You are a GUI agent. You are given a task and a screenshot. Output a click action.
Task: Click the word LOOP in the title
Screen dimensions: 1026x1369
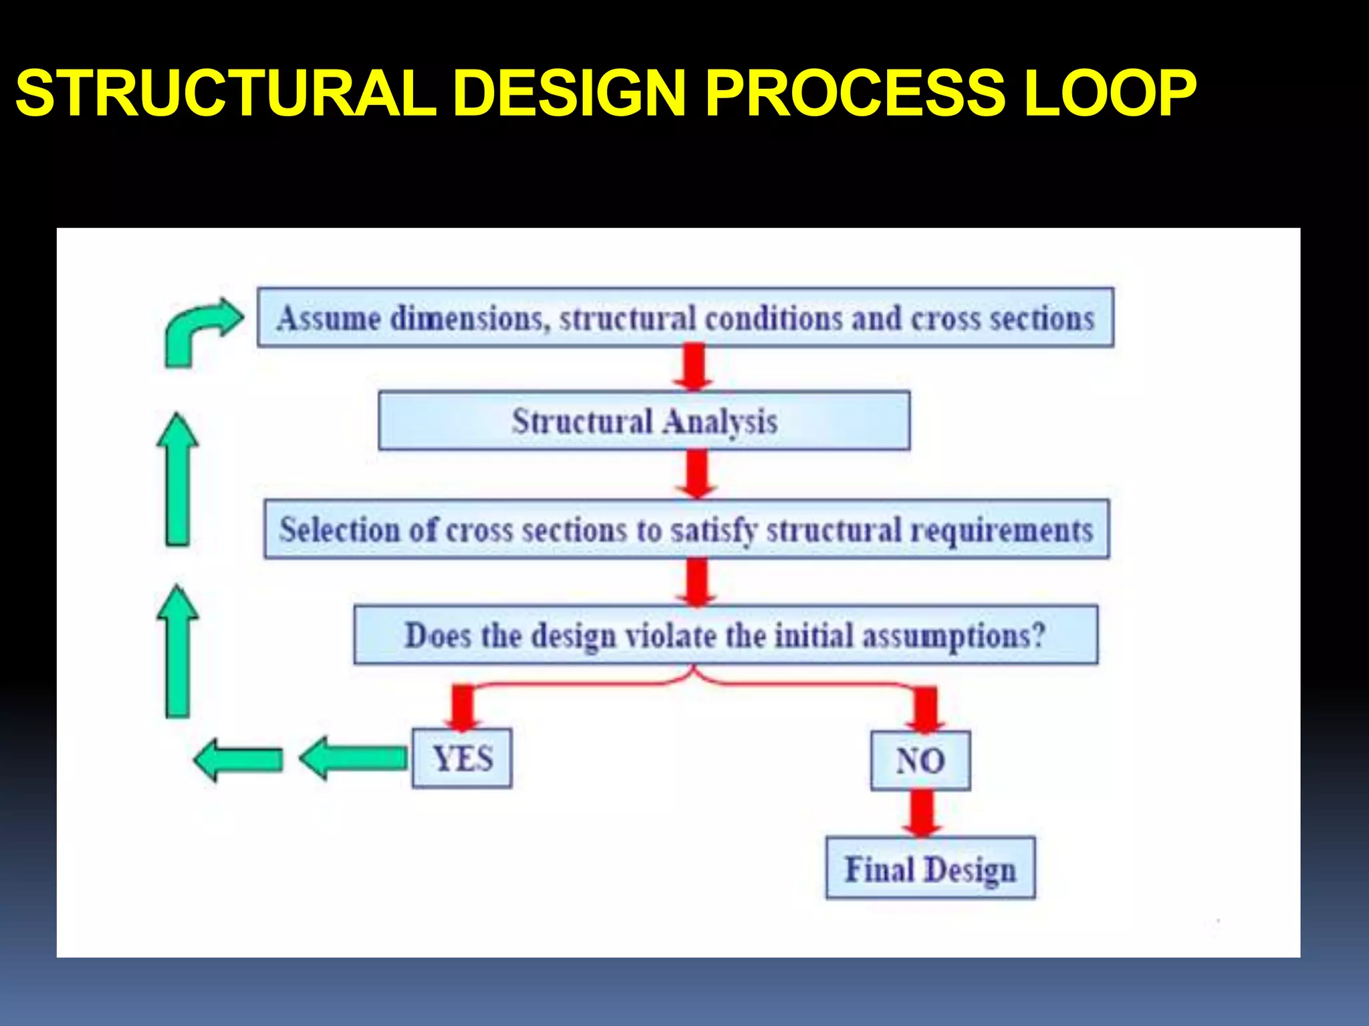pos(1110,94)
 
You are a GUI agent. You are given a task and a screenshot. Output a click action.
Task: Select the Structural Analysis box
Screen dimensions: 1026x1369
pos(644,421)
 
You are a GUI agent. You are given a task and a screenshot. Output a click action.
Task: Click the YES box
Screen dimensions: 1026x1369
pos(462,758)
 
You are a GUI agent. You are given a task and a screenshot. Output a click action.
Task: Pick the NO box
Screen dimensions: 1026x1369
pos(920,761)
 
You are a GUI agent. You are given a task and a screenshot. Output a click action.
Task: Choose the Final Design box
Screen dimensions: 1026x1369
pos(930,868)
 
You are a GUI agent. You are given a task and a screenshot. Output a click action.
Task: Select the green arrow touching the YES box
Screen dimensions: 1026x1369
pos(354,758)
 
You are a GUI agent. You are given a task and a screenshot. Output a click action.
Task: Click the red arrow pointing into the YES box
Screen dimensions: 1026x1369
pos(463,708)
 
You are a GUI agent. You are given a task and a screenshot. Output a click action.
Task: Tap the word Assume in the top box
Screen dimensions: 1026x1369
pos(328,318)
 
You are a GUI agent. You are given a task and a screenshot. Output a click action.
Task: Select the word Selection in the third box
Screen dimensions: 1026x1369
pos(339,530)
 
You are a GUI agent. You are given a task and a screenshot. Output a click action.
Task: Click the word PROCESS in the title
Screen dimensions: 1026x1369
pos(855,94)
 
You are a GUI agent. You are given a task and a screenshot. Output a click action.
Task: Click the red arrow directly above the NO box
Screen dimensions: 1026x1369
pos(925,710)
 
